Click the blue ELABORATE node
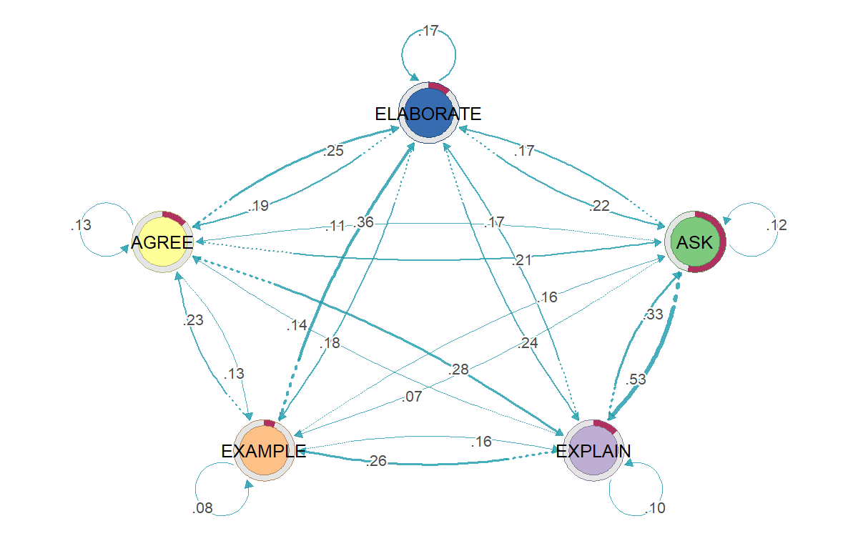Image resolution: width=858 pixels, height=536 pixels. coord(428,113)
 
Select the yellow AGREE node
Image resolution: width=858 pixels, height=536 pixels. coord(162,242)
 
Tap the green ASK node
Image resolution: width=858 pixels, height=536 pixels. coord(695,242)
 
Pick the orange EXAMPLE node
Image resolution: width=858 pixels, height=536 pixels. coord(264,450)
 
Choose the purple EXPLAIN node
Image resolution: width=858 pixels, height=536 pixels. coord(593,450)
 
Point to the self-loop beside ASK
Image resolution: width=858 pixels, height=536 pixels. coord(778,229)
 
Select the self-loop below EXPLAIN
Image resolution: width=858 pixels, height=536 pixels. coord(662,490)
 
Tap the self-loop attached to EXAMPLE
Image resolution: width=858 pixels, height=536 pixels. coord(196,490)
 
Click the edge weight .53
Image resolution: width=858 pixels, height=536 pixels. coord(636,379)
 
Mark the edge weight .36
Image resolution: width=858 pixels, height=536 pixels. coord(363,222)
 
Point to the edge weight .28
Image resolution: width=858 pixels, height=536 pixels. coord(458,369)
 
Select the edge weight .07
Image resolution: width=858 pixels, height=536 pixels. coord(412,397)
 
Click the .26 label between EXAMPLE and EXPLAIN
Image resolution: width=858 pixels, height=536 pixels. coord(376,461)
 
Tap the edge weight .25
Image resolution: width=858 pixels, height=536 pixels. coord(333,151)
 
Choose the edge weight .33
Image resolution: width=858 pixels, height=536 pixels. coord(653,314)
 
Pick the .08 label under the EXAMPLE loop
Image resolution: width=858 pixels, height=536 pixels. coord(202,508)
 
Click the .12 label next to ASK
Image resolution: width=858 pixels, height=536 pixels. coord(776,225)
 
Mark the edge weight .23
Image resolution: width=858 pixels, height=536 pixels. coord(193,320)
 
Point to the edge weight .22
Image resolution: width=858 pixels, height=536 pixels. coord(599,206)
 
